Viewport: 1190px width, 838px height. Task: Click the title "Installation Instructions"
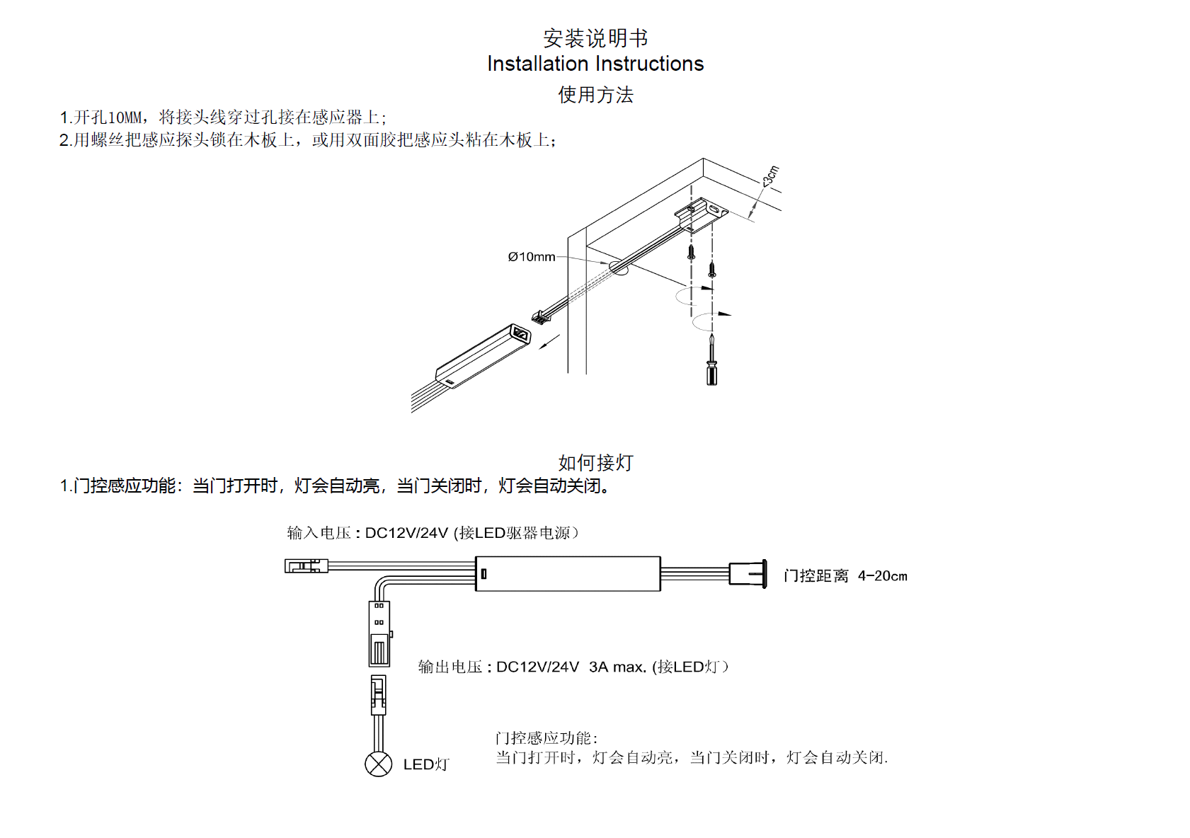coord(595,64)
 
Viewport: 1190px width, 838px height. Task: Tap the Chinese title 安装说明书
coord(595,38)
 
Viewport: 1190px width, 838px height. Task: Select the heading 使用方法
coord(595,95)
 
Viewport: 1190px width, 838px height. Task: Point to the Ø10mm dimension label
coord(532,257)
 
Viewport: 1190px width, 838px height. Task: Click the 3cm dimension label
coord(771,176)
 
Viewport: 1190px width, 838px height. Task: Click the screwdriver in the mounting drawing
coord(711,361)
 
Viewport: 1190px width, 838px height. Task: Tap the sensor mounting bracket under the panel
coord(701,212)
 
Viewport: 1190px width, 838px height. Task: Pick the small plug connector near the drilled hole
coord(542,316)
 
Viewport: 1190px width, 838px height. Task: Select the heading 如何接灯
coord(595,463)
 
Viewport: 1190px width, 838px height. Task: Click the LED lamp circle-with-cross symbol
coord(379,764)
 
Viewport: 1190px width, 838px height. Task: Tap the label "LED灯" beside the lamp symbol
coord(426,764)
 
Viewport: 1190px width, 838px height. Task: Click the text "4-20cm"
coord(882,576)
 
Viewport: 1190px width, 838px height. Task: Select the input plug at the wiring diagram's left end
coord(307,566)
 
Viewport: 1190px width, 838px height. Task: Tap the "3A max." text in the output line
coord(617,667)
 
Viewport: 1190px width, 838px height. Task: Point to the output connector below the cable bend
coord(379,633)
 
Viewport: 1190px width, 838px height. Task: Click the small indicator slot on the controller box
coord(484,574)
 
